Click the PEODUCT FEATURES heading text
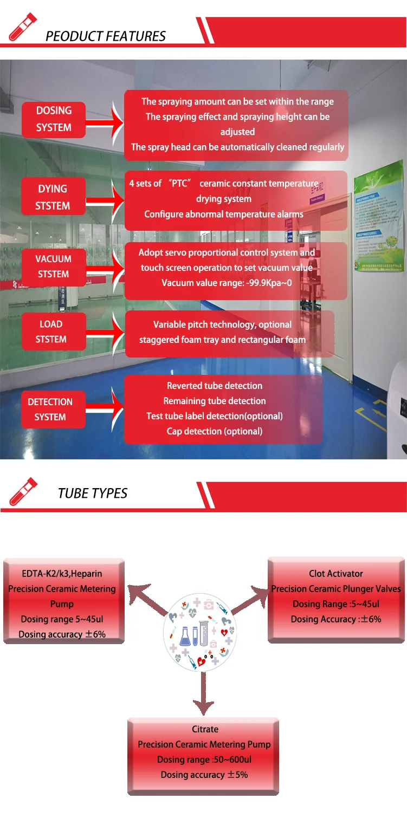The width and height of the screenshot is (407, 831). coord(106,36)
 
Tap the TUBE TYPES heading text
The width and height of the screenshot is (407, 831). coord(93,494)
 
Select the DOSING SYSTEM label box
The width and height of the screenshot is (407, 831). coord(54,119)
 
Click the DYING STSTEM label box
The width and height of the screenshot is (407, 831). coord(53,197)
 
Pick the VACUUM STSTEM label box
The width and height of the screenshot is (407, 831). coord(53,267)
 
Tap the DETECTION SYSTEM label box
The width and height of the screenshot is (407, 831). coord(50,410)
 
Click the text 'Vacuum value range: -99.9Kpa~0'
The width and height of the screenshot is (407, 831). coord(230,283)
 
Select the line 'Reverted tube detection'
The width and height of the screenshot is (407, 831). coord(215,386)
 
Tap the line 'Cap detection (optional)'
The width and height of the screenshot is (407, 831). coord(215,431)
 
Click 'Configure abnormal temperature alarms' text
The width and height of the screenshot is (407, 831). coord(224,214)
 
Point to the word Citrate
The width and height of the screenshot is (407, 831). coord(205,729)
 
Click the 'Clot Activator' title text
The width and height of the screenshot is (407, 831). coord(336,574)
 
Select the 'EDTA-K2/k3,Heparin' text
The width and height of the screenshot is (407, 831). coord(62,574)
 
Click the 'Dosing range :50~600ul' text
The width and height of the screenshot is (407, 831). coord(204,759)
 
